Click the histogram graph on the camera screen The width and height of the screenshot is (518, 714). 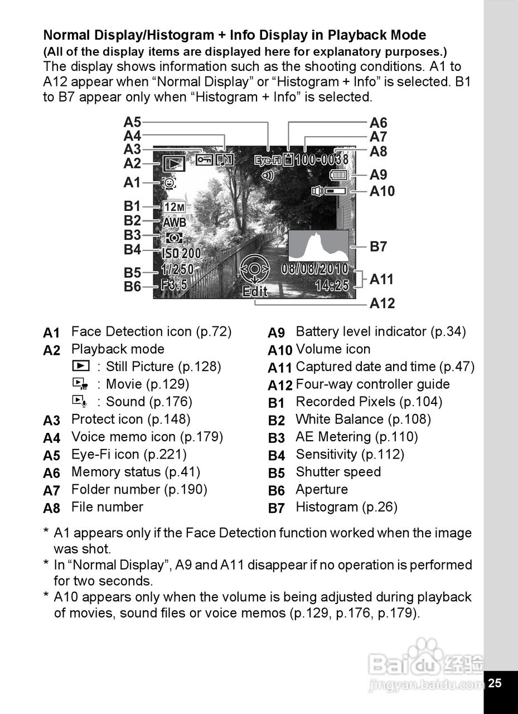click(318, 246)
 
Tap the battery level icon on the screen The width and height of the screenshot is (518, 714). click(338, 175)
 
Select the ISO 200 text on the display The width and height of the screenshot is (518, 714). click(181, 253)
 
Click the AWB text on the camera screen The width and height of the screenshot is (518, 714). click(175, 222)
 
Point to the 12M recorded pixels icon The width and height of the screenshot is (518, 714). click(175, 208)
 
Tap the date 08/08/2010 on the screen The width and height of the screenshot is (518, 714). click(314, 269)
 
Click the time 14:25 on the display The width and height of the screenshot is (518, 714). click(332, 286)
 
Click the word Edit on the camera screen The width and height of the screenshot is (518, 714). click(255, 292)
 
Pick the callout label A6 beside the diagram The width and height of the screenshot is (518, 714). click(379, 123)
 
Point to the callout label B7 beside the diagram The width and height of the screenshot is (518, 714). click(379, 247)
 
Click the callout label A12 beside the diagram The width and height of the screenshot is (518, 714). click(382, 303)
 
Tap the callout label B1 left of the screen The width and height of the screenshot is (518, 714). click(132, 206)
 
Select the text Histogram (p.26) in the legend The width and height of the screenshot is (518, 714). click(346, 507)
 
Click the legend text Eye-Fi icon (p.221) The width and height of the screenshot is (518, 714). click(129, 454)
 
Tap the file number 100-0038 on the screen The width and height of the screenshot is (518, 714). click(321, 160)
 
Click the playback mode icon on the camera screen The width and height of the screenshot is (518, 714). click(174, 164)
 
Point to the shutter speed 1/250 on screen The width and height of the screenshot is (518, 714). click(177, 269)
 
